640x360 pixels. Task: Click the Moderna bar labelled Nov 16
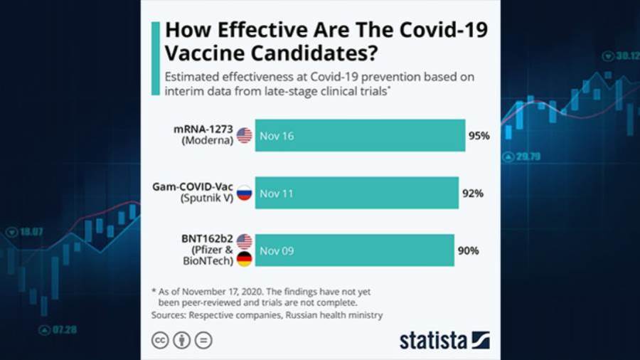360,135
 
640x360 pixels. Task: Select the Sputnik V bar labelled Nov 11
356,193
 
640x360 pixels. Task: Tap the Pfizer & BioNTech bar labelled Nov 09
354,250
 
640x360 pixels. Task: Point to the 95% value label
479,135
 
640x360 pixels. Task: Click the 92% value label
472,193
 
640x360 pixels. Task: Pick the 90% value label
468,250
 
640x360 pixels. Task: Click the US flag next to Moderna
244,135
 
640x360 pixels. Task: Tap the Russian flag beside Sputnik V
244,193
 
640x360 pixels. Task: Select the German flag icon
244,259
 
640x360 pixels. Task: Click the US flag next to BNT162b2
244,241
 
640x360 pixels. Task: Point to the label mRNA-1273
203,129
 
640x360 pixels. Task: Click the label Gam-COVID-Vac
193,186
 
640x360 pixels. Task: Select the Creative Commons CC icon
161,340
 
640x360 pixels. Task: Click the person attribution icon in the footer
182,340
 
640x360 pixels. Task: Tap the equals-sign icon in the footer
203,340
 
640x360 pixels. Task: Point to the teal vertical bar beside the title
155,58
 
